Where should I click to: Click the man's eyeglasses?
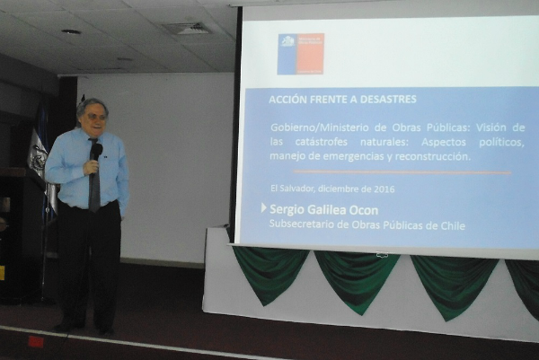coord(93,116)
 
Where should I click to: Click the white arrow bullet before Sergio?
coord(264,208)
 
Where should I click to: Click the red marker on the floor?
coord(35,341)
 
